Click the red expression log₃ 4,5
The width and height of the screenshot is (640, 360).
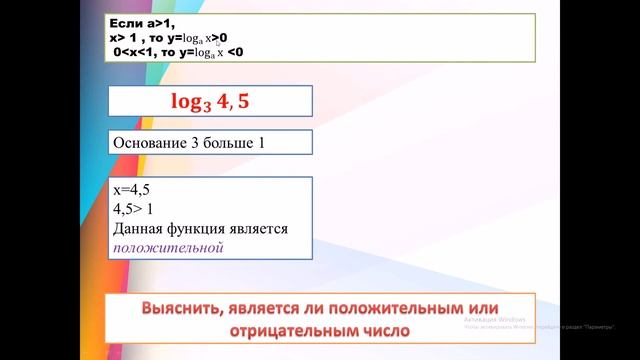pyautogui.click(x=211, y=102)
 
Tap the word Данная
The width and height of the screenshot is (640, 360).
pyautogui.click(x=140, y=229)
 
